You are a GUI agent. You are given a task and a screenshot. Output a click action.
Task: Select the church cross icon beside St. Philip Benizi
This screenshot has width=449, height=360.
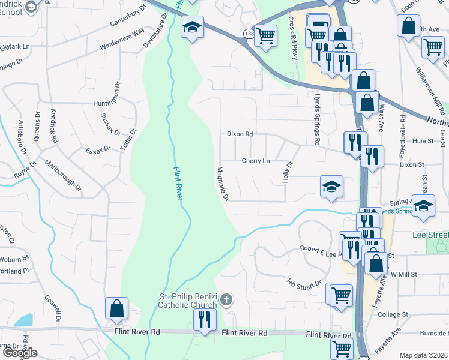pyautogui.click(x=226, y=299)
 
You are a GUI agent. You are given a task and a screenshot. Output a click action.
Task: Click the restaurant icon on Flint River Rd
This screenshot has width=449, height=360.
pyautogui.click(x=205, y=318)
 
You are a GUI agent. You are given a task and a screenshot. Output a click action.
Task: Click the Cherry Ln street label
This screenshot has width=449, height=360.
pyautogui.click(x=256, y=161)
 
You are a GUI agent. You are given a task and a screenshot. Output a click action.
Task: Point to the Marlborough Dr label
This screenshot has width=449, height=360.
pyautogui.click(x=62, y=171)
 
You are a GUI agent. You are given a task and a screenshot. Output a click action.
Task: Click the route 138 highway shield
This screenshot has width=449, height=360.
pyautogui.click(x=249, y=35)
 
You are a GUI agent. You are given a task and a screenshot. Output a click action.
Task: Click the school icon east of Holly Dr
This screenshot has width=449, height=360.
pyautogui.click(x=331, y=187)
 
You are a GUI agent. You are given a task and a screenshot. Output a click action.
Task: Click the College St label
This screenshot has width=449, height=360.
pyautogui.click(x=393, y=314)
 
